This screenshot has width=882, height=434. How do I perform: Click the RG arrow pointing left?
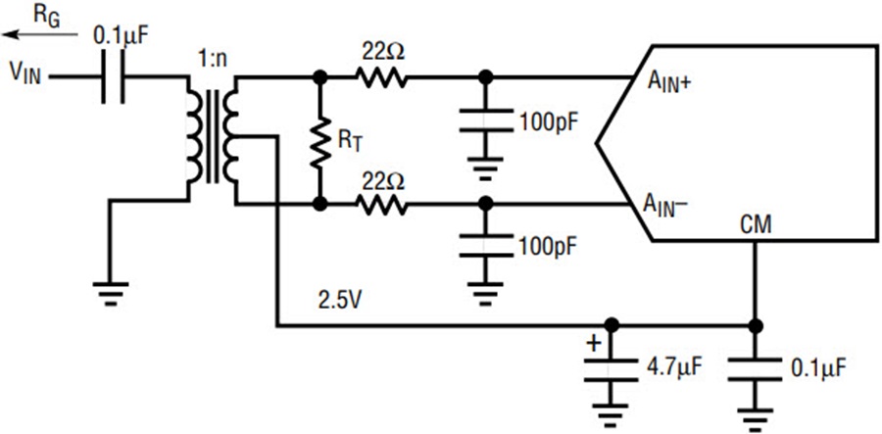point(40,35)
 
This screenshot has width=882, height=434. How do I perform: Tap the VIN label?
point(24,73)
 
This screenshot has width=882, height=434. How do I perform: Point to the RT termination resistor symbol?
point(319,141)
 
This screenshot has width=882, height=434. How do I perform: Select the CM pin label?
point(756,226)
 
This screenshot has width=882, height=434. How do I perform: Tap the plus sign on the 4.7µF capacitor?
point(595,342)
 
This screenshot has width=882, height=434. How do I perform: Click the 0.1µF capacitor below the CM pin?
point(755,369)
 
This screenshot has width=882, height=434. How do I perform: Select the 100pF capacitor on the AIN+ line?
point(486,121)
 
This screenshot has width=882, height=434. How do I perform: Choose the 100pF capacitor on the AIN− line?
point(486,246)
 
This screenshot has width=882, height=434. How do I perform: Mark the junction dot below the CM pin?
point(755,325)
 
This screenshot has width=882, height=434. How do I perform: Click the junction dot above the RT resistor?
point(319,77)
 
